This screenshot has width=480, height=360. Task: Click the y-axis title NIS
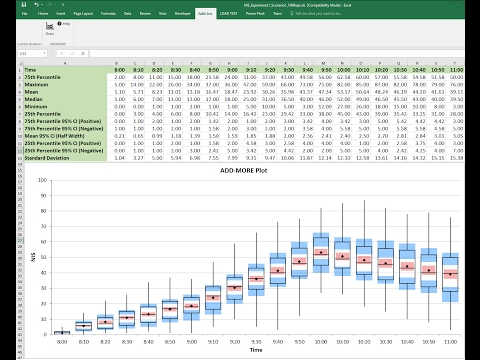coord(31,257)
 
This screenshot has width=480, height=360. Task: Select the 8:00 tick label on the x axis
coord(62,342)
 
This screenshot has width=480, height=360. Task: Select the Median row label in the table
coord(40,99)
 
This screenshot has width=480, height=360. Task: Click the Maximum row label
coord(42,84)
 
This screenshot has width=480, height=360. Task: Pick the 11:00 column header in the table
coord(456,69)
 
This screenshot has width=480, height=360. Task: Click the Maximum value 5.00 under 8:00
coord(121,84)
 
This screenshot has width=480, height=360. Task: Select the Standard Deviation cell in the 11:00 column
coord(456,157)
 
